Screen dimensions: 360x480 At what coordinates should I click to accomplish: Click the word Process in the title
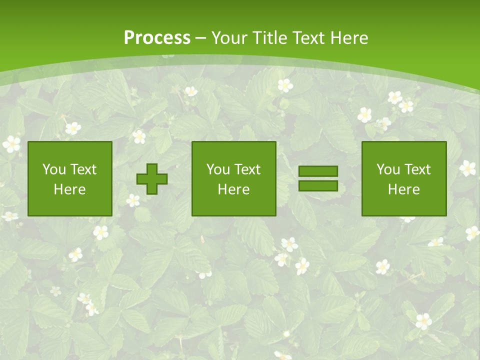click(x=157, y=38)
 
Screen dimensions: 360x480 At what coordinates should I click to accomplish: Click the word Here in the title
click(x=350, y=38)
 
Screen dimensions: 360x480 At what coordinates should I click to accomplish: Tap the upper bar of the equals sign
click(x=318, y=171)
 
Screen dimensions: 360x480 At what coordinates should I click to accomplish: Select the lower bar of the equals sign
click(x=318, y=186)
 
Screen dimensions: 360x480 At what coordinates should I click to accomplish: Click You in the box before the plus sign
click(x=54, y=169)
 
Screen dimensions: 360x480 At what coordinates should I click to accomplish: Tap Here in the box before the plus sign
click(x=69, y=189)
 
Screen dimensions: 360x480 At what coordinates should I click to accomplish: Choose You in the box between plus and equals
click(x=218, y=169)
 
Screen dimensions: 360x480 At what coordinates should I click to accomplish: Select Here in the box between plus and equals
click(x=233, y=189)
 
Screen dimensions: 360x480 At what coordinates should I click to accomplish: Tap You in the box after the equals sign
click(x=388, y=169)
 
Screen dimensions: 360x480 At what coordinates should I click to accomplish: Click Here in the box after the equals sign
click(x=403, y=189)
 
